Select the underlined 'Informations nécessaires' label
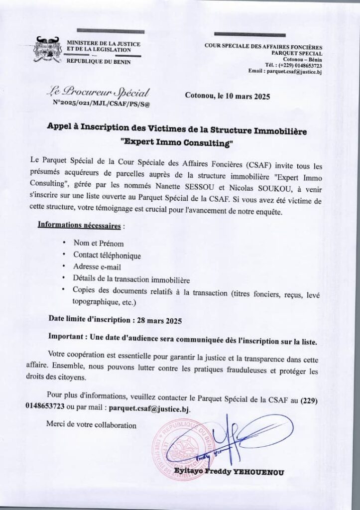(x=79, y=226)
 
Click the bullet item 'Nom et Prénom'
(x=98, y=244)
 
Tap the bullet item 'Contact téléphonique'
(x=107, y=255)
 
